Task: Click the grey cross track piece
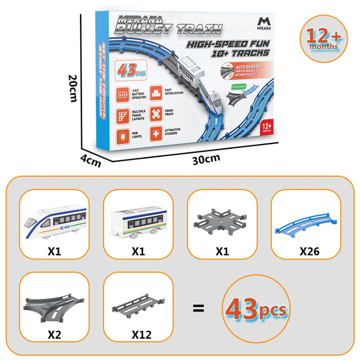pos(222,222)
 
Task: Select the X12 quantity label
pos(141,335)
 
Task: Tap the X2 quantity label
pos(55,335)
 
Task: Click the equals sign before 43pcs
pos(198,309)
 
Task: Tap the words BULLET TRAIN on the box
pos(168,29)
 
